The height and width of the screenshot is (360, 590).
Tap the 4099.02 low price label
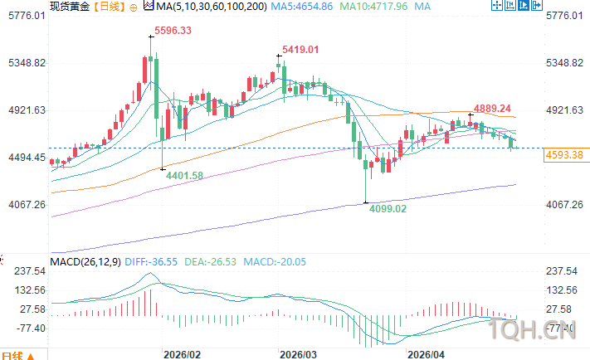388,209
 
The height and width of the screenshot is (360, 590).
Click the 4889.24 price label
493,109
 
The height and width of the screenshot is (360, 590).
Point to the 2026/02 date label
183,353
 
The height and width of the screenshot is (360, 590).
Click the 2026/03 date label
298,353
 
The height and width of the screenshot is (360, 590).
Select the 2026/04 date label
426,353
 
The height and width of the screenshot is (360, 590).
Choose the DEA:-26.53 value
212,262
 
